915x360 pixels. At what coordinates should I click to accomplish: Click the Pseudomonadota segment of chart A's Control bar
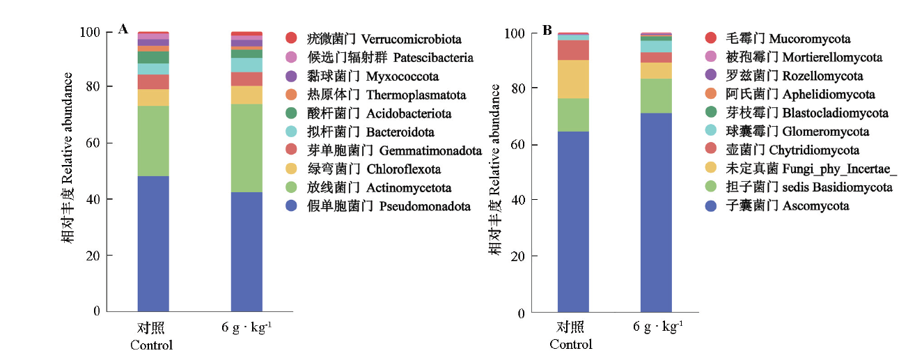153,243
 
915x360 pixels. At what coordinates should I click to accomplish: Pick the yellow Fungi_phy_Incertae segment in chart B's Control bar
573,79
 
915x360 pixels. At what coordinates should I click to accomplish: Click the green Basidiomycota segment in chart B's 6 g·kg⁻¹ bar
656,95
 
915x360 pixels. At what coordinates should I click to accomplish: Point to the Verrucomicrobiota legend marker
291,39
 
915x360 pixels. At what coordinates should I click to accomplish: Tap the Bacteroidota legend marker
291,132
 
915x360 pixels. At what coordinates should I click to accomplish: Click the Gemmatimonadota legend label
430,150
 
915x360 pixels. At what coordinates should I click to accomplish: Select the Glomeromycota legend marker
710,132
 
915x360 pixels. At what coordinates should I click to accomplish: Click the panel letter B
547,30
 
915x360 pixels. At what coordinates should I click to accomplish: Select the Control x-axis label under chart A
152,336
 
